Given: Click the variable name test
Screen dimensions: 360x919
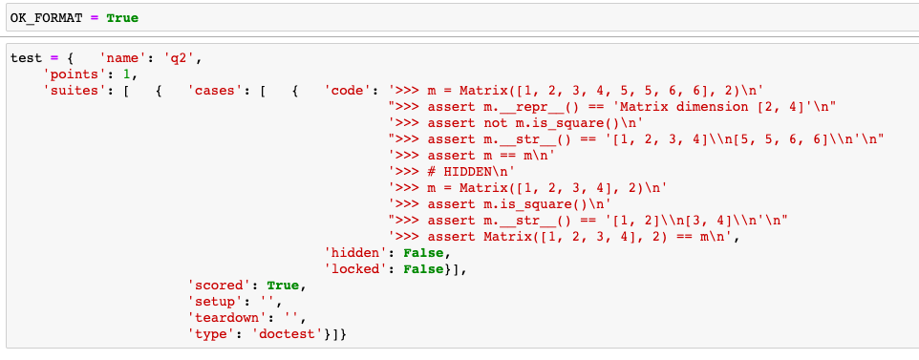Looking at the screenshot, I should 26,58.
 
